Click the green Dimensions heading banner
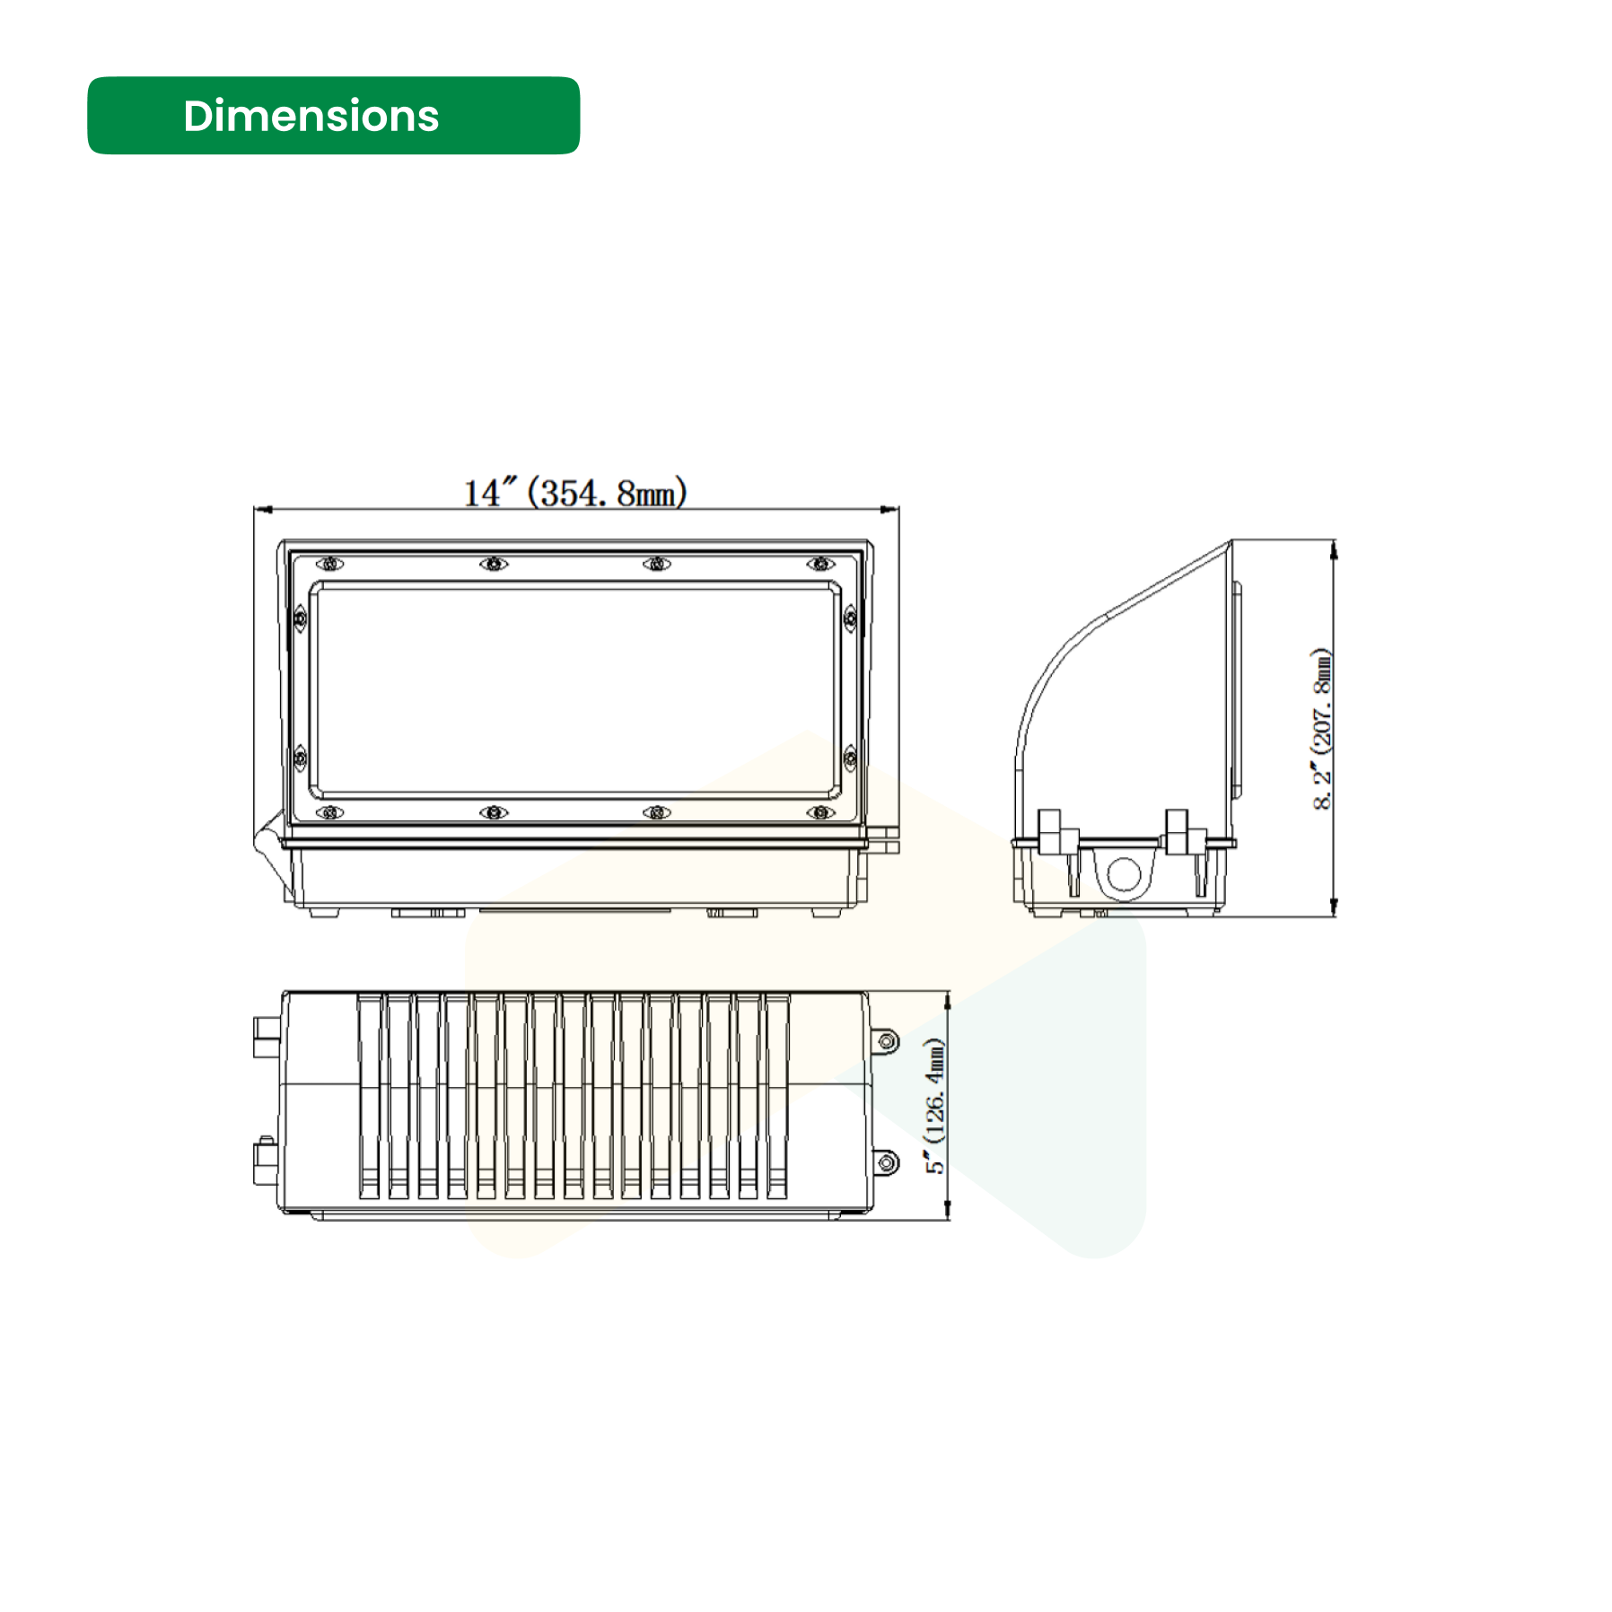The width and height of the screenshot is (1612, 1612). [333, 116]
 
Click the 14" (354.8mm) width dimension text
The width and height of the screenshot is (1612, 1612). [575, 493]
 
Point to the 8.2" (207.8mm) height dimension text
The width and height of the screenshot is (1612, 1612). [1321, 728]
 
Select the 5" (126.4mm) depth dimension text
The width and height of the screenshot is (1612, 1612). [935, 1105]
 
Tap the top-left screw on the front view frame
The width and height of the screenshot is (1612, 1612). [330, 564]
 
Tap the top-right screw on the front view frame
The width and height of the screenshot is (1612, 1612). [820, 564]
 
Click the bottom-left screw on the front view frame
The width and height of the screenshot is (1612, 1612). [330, 812]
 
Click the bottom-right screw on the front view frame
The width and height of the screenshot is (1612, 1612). [820, 812]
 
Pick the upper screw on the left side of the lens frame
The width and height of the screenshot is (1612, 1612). [301, 618]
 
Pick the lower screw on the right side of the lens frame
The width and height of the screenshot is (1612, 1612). [850, 758]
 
